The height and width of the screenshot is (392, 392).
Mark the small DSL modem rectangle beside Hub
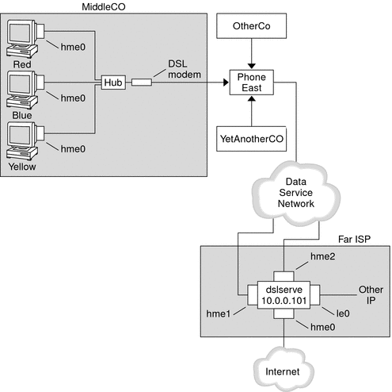point(142,81)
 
